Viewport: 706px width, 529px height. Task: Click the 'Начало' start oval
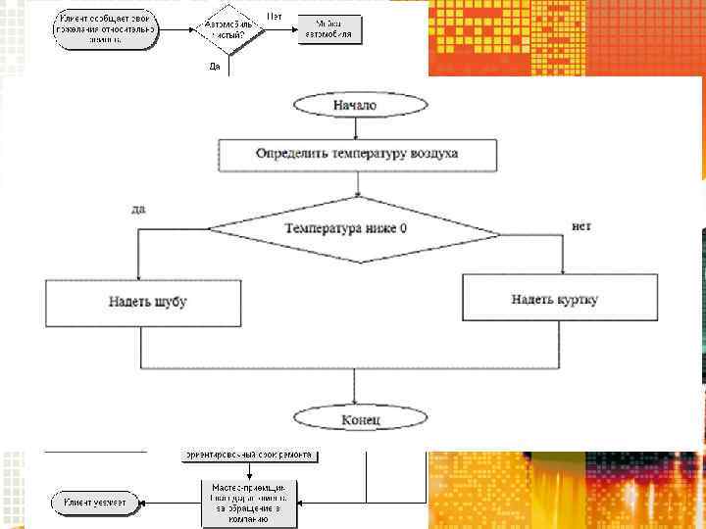(x=354, y=104)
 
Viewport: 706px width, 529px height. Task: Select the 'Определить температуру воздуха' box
(x=357, y=154)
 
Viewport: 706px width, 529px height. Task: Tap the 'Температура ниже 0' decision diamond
(x=354, y=228)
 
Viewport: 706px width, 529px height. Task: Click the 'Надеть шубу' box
(x=142, y=302)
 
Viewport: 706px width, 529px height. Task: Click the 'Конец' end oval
(x=361, y=419)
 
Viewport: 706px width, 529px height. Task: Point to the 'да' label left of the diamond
(x=138, y=209)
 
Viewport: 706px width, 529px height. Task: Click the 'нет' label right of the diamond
(x=581, y=225)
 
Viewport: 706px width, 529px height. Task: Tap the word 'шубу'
(x=170, y=302)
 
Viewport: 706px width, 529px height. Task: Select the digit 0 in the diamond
(x=404, y=228)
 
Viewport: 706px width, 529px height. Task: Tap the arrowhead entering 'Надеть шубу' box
(x=140, y=276)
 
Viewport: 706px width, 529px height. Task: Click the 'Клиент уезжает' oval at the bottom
(x=95, y=502)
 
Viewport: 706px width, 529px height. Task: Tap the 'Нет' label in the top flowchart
(x=277, y=17)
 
